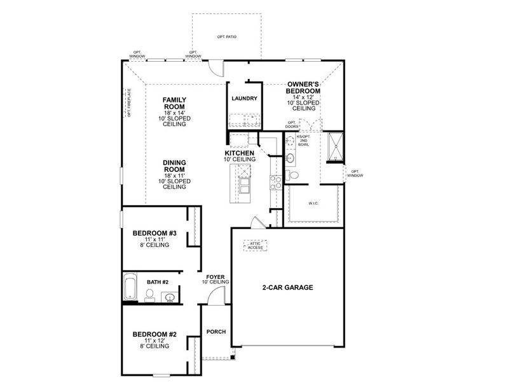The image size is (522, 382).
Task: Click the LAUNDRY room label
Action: click(x=244, y=99)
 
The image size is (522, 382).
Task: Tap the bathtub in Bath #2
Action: click(x=129, y=287)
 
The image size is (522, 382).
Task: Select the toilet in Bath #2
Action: click(x=149, y=294)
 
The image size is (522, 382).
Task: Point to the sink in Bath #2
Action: click(x=170, y=297)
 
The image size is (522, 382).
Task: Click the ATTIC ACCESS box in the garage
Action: click(x=255, y=245)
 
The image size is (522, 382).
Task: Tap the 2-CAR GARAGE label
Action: click(x=287, y=287)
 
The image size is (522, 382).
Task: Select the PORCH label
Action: click(x=216, y=332)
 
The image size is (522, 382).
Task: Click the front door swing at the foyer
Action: click(x=217, y=295)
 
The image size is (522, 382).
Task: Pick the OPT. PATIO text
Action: click(x=226, y=38)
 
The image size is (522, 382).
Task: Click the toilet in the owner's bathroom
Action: click(x=293, y=174)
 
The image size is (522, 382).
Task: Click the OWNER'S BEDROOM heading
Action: click(x=303, y=88)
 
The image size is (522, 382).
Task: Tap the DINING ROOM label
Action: click(x=174, y=166)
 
